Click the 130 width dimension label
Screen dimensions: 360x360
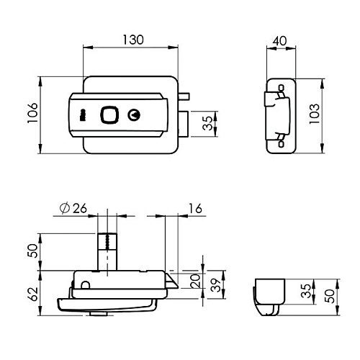133,40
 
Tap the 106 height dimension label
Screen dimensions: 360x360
32,113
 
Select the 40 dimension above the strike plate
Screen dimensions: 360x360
280,41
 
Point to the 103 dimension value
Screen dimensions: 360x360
315,114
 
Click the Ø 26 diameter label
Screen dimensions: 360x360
73,208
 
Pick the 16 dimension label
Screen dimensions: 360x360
195,208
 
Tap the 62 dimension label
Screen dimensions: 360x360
33,294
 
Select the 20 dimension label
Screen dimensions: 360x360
195,281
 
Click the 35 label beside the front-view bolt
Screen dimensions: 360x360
207,123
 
